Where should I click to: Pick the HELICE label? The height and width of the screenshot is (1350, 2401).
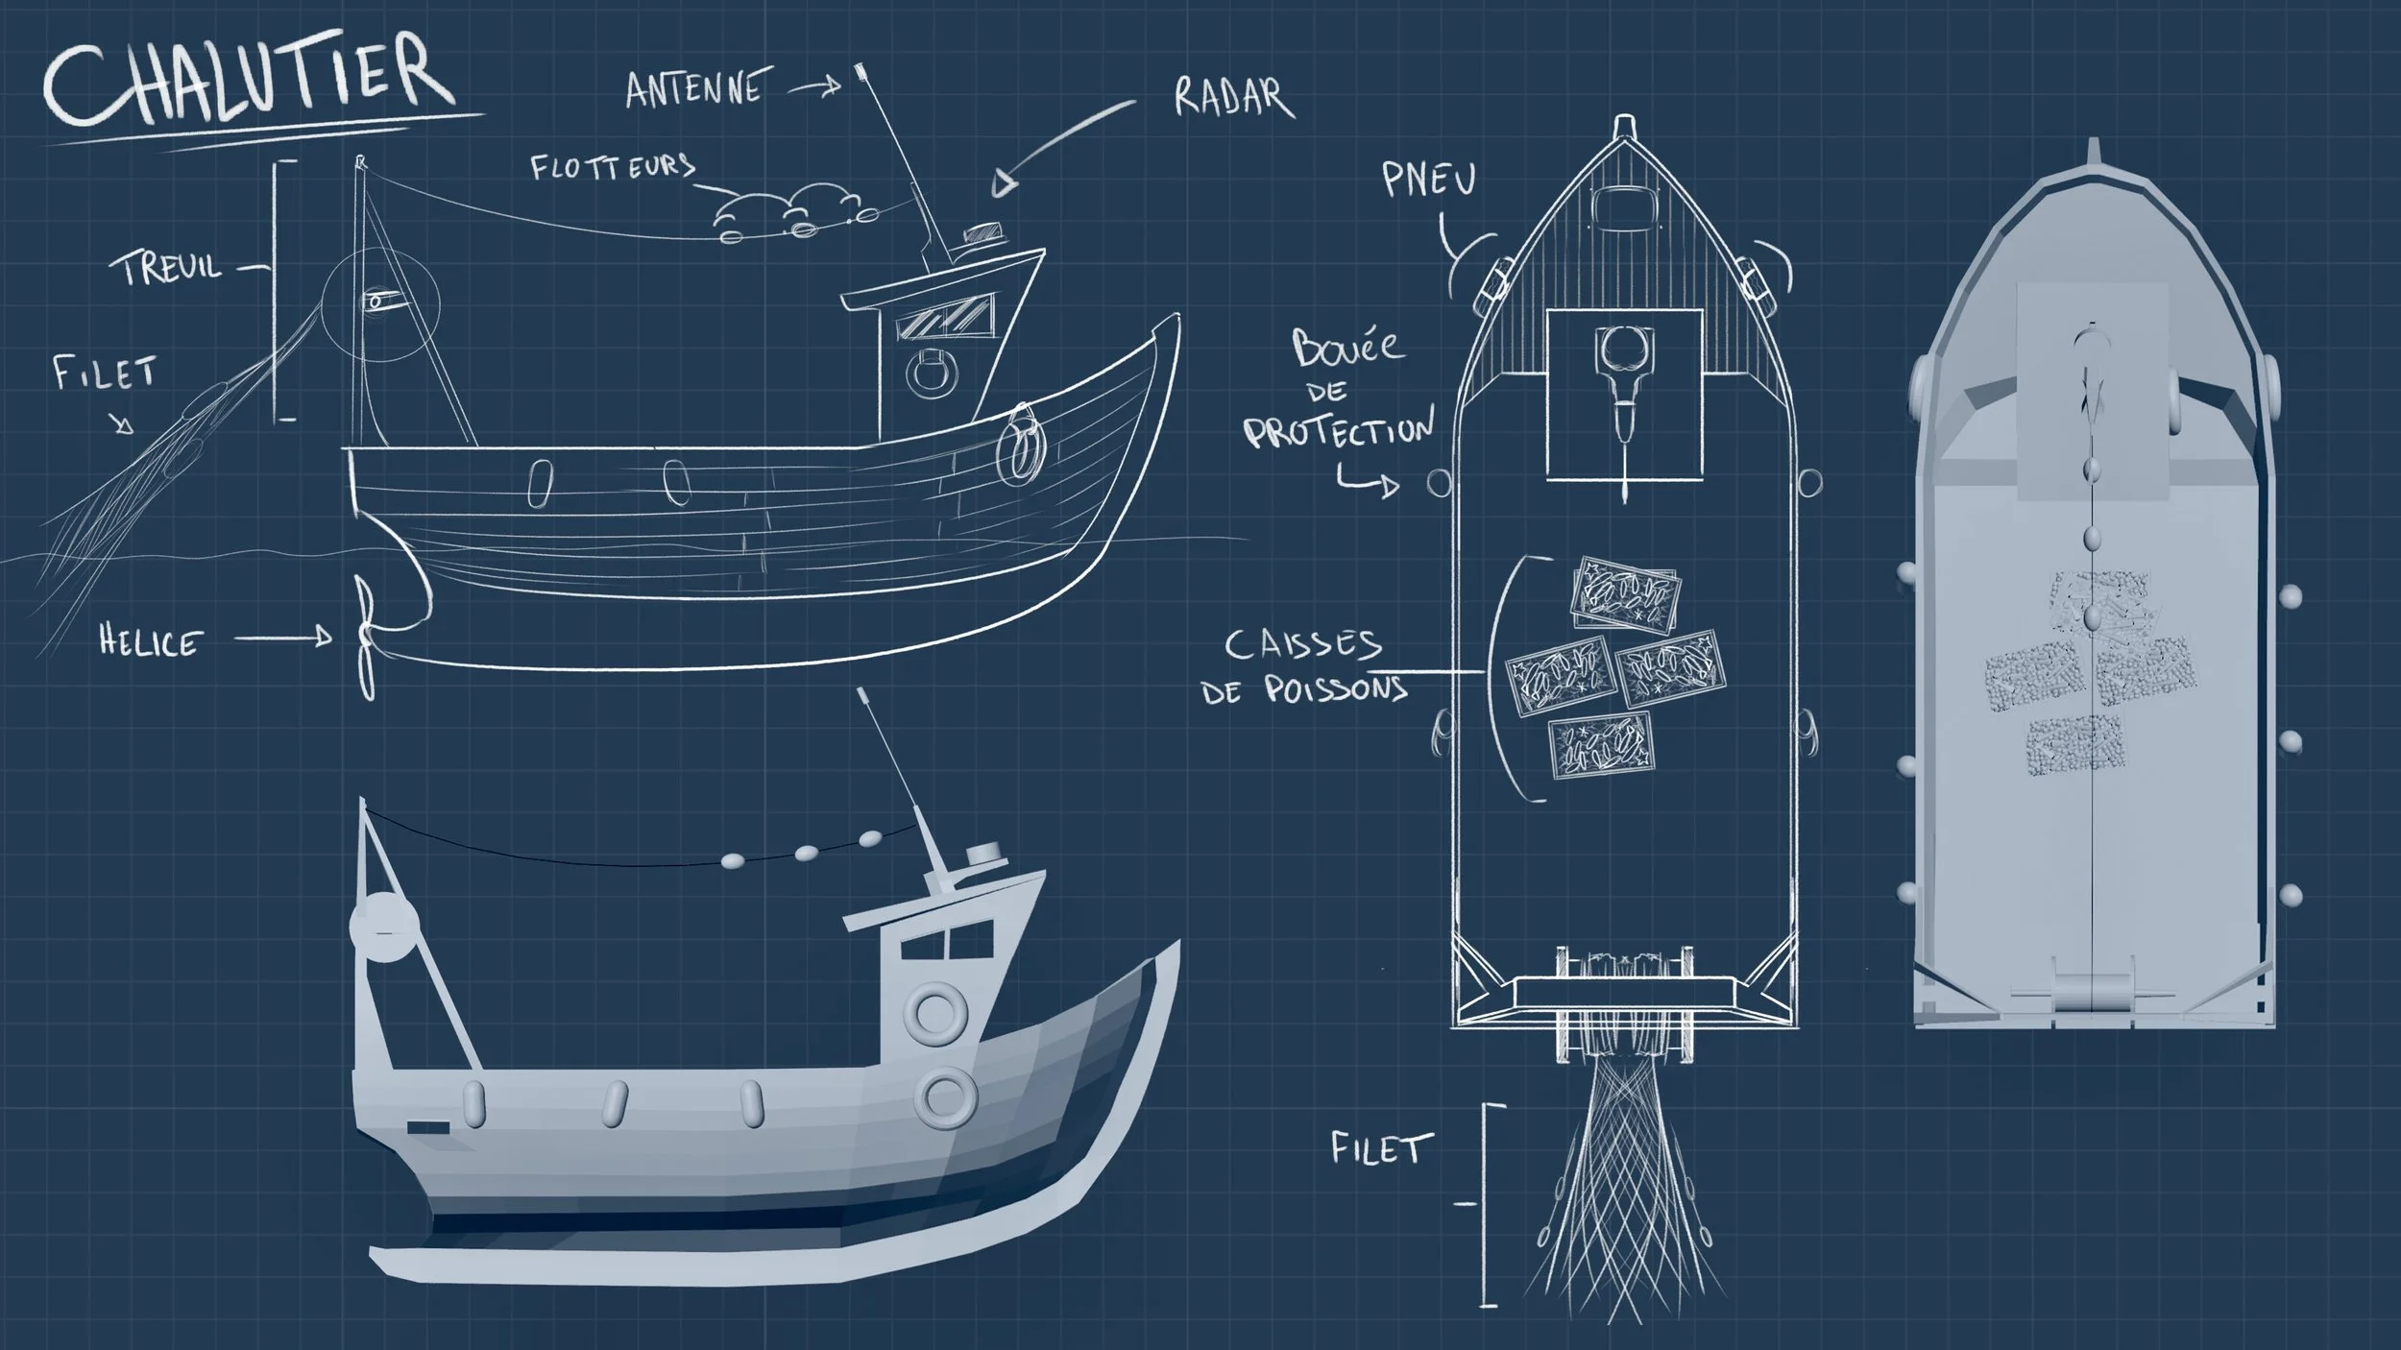coord(152,641)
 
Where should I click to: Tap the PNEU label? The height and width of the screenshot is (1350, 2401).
coord(1428,180)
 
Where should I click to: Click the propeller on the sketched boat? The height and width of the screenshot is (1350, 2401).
coord(365,637)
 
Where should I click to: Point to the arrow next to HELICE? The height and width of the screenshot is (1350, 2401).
coord(284,637)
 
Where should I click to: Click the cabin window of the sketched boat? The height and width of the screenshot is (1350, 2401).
coord(944,318)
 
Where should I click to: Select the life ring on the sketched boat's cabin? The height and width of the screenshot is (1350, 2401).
coord(932,374)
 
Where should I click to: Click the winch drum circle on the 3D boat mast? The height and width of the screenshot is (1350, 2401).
coord(384,927)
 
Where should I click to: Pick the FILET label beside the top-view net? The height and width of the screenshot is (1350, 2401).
coord(1380,1147)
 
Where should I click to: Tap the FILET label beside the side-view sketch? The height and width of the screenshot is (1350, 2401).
coord(104,374)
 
